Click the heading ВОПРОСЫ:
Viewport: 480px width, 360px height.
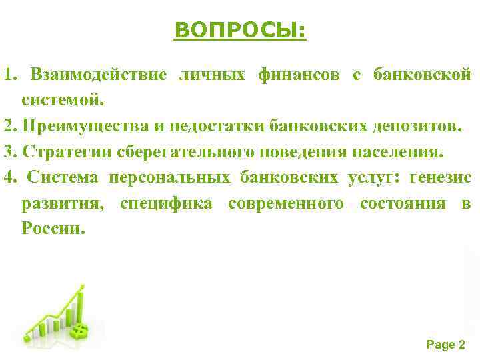click(x=240, y=30)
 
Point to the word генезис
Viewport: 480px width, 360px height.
click(x=441, y=177)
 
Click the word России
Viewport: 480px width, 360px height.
click(x=53, y=228)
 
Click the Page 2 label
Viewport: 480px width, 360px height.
click(x=445, y=345)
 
